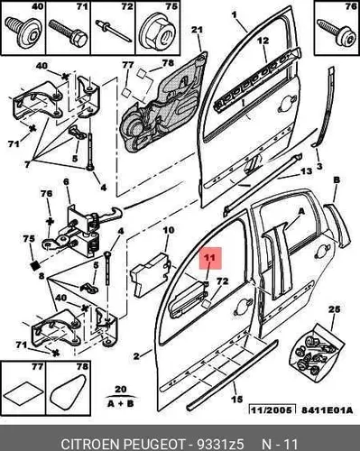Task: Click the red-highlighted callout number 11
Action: [x=210, y=258]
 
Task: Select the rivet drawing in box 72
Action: [x=113, y=32]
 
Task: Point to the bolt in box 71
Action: [x=68, y=32]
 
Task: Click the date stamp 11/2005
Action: [x=271, y=411]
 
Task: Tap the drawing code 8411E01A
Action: [x=326, y=410]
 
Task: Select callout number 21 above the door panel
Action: [x=197, y=30]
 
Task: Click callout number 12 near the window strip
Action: [x=263, y=41]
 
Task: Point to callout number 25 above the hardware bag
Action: [x=334, y=309]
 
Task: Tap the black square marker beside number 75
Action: [x=35, y=265]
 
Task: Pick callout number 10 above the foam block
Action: [x=169, y=231]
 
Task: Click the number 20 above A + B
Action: [x=121, y=389]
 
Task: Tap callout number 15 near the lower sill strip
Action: [x=237, y=399]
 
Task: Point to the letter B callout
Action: [x=337, y=180]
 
